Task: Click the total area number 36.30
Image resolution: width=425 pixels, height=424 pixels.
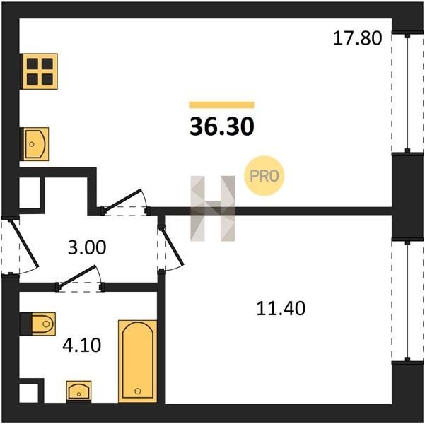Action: point(222,126)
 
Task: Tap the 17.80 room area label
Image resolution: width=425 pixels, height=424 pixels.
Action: point(357,38)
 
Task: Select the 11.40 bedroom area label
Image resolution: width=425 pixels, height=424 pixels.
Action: point(281,308)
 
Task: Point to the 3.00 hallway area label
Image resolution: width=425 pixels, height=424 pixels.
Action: point(87,247)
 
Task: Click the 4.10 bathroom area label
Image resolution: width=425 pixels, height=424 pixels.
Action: point(81,345)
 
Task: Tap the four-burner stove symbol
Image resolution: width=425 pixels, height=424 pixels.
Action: point(40,71)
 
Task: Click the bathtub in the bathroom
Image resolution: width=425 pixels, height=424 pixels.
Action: point(138,361)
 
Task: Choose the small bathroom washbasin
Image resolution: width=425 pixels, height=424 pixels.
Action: point(79,390)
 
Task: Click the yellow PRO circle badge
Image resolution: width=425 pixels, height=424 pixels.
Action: point(264,175)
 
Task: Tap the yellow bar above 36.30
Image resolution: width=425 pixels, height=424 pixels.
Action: point(222,105)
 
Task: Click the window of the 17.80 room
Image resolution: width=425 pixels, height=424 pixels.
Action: point(407,93)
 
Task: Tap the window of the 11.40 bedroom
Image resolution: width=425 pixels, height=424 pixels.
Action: point(407,301)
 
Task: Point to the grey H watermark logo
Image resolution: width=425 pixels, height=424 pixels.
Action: point(212,208)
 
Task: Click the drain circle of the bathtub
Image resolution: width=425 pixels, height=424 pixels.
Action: point(138,391)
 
